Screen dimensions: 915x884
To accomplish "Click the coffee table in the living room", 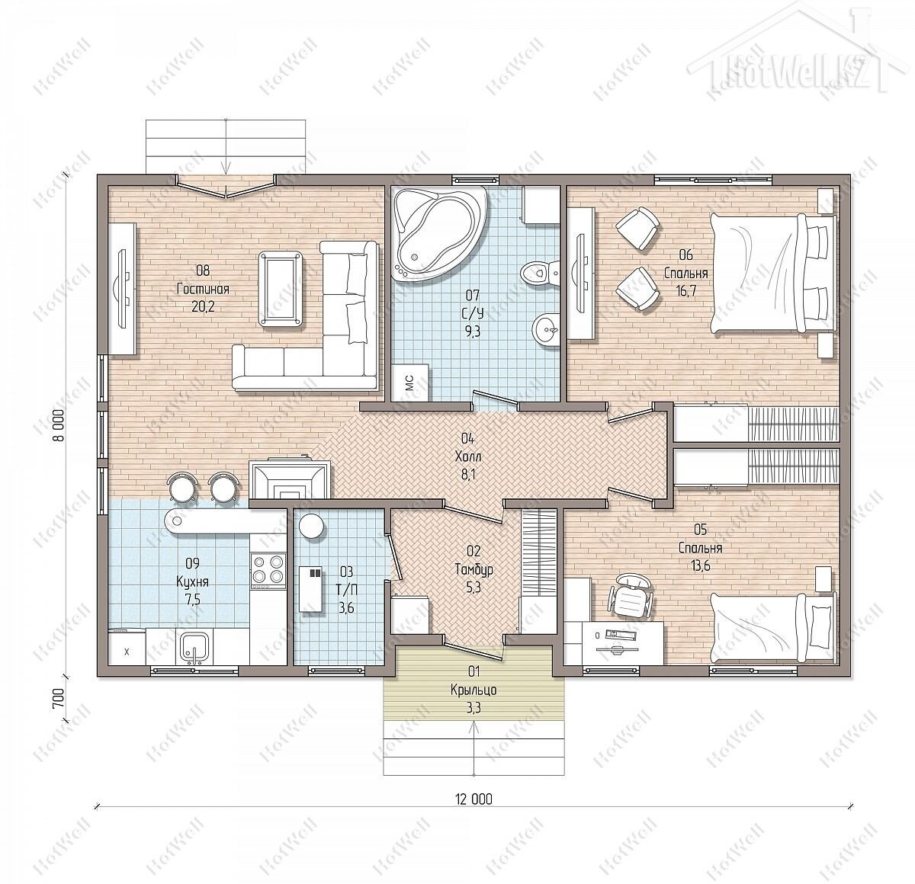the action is [x=281, y=289].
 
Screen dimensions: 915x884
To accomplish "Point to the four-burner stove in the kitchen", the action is [x=268, y=570].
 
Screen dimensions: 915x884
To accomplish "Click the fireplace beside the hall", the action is [x=290, y=479].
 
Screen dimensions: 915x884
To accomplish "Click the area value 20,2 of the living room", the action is [x=203, y=307].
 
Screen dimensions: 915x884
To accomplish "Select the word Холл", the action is [x=468, y=456].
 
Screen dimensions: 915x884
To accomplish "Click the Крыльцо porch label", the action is [x=474, y=690].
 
